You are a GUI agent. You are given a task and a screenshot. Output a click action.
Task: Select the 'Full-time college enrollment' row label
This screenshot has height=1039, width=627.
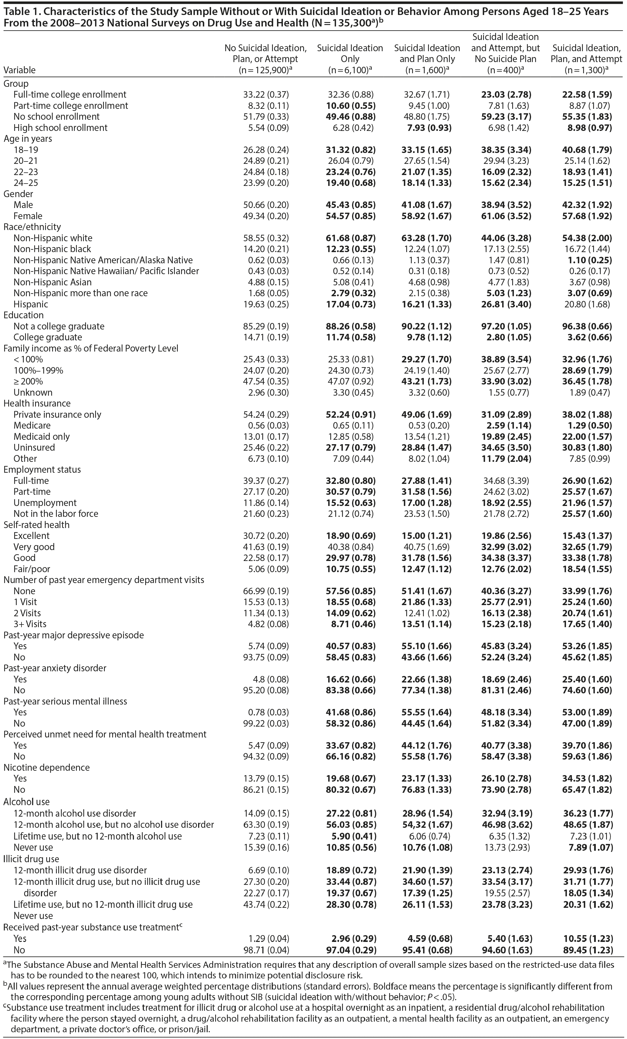tap(70, 94)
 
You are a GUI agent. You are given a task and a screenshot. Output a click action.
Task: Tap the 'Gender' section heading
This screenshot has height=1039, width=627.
tap(18, 194)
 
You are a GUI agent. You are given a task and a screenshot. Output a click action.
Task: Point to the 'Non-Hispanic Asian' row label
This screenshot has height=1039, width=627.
tap(52, 282)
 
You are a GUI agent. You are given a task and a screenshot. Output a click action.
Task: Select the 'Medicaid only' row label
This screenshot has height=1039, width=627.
tap(41, 437)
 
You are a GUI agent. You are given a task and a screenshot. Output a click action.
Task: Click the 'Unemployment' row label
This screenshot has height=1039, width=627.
tap(45, 503)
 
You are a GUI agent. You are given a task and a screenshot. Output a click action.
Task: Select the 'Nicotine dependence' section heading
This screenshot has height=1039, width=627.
tap(47, 767)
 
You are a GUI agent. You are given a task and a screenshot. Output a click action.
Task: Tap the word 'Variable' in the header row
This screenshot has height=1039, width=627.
tap(19, 70)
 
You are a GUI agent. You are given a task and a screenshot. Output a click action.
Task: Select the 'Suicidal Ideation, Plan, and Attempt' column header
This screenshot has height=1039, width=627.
tap(586, 54)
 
